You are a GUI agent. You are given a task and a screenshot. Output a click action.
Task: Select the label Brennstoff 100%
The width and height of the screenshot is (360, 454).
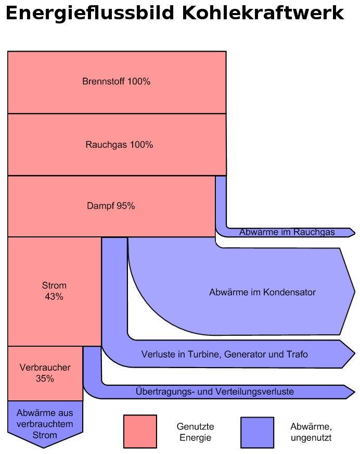pos(117,82)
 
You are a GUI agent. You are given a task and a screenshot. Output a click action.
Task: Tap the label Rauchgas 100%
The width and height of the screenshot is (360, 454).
pos(119,145)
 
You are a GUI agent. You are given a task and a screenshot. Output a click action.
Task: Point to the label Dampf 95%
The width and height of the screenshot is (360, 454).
pos(111,206)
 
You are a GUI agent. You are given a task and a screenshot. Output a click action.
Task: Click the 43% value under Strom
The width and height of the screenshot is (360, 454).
pos(54,297)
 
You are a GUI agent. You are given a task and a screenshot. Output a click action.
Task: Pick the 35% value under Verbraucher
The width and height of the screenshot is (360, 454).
pos(45,379)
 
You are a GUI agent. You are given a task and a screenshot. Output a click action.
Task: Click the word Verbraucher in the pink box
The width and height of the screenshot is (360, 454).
pos(45,368)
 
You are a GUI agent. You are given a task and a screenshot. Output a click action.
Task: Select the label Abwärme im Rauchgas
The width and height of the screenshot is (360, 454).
pos(287,232)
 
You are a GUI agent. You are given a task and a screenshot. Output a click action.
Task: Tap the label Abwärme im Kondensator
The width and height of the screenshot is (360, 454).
pos(262,293)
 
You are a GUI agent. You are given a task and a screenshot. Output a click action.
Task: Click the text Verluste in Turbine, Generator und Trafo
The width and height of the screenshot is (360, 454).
pos(225,355)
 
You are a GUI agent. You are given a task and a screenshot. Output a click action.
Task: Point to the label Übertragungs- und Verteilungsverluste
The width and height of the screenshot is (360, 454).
pos(214,392)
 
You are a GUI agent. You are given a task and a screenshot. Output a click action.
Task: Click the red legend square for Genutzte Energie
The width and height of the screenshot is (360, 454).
pos(140,431)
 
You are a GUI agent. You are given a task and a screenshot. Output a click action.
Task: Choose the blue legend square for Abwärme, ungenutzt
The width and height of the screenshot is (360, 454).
pos(257,432)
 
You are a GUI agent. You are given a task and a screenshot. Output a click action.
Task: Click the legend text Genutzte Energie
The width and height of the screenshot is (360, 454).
pos(196,432)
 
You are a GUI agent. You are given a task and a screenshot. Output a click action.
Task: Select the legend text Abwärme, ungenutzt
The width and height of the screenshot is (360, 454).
pos(311,432)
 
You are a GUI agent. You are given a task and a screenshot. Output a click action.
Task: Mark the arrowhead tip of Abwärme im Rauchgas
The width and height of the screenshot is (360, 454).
pos(354,232)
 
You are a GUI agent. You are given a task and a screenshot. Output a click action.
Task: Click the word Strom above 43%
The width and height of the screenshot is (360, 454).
pos(54,285)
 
